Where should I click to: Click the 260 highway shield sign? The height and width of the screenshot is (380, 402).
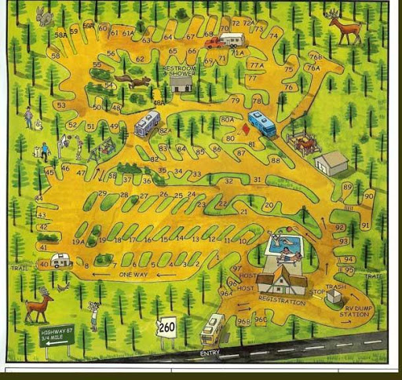167,326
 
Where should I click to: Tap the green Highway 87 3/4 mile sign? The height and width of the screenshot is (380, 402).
57,336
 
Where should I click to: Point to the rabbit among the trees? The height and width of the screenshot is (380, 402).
45,15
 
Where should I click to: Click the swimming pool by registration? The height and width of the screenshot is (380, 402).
285,245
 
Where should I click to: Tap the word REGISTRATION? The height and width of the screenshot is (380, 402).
281,301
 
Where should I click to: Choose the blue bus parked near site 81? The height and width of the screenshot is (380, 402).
262,123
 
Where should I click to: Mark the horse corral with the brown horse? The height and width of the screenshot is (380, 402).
302,143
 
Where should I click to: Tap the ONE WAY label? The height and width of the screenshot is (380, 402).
133,275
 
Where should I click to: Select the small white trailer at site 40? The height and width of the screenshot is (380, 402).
61,261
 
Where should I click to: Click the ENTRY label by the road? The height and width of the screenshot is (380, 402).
210,353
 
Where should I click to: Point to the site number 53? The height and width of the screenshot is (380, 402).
61,104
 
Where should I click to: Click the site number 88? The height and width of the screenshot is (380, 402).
275,160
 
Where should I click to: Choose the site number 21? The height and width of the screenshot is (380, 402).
244,211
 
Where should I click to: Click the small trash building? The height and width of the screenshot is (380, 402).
334,296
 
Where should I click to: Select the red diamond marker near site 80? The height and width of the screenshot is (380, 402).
245,129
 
